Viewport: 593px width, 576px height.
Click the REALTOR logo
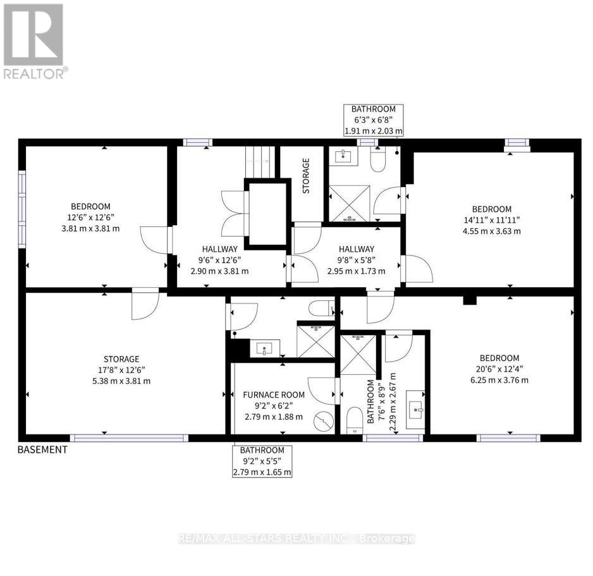click(34, 41)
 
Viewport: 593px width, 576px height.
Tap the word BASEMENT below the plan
click(42, 450)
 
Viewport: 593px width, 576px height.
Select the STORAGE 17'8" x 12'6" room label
click(123, 370)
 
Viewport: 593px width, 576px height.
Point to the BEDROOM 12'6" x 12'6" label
click(90, 218)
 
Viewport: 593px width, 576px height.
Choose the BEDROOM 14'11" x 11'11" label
click(492, 220)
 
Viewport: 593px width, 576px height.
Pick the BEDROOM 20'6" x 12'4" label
click(499, 369)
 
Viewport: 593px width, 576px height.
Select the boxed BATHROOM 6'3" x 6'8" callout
click(373, 120)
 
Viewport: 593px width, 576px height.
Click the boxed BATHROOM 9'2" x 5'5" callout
click(262, 461)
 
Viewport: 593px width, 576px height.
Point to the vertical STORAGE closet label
click(306, 176)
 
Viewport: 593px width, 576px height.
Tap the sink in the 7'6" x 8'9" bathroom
click(417, 411)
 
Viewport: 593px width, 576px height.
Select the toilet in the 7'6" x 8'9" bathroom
click(355, 418)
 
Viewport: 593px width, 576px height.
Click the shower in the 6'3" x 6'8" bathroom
click(349, 203)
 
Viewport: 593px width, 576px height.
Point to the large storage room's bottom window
click(129, 438)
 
